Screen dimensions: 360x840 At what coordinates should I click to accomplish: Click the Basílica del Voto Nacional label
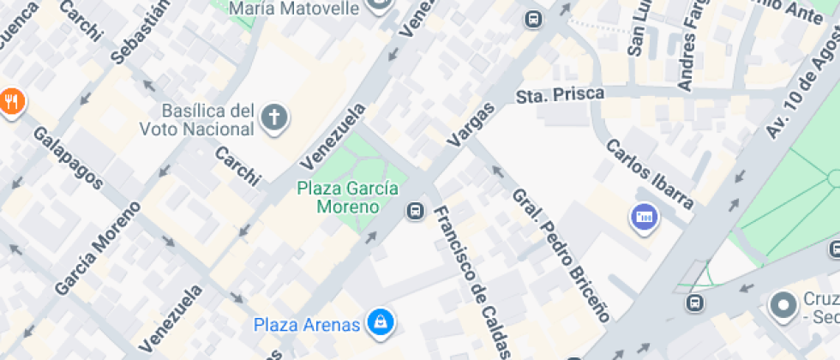click(x=208, y=120)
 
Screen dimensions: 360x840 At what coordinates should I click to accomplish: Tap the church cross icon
click(x=274, y=118)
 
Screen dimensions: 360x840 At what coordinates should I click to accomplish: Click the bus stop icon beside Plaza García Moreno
click(x=416, y=209)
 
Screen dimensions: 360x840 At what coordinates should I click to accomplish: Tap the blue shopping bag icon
click(x=378, y=322)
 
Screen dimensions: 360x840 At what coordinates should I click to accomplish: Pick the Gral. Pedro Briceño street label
click(x=561, y=255)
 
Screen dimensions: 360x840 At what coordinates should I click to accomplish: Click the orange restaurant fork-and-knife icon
click(x=11, y=102)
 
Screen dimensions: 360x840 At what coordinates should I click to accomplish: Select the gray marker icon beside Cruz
click(x=783, y=305)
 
